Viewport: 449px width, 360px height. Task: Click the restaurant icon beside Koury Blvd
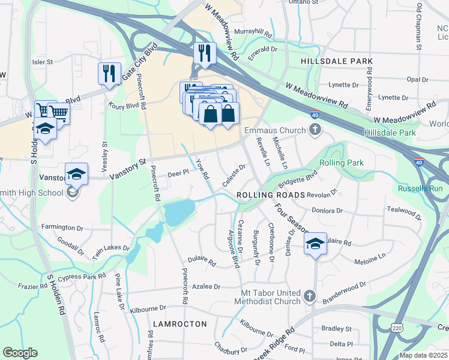[x=109, y=74]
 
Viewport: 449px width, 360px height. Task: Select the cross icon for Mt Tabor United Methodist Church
[x=309, y=296]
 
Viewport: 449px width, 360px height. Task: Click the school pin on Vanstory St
[x=76, y=174]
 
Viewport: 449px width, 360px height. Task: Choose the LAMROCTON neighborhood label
[x=179, y=323]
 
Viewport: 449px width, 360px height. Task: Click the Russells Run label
[x=420, y=188]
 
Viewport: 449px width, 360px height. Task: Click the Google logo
[x=20, y=353]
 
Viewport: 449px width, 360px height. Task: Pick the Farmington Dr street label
[x=62, y=228]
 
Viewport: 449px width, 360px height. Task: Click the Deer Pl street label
[x=178, y=172]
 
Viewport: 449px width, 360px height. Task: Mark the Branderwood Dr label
[x=344, y=292]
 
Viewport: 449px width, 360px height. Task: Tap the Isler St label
[x=42, y=61]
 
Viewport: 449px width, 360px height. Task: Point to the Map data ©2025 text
[x=423, y=355]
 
